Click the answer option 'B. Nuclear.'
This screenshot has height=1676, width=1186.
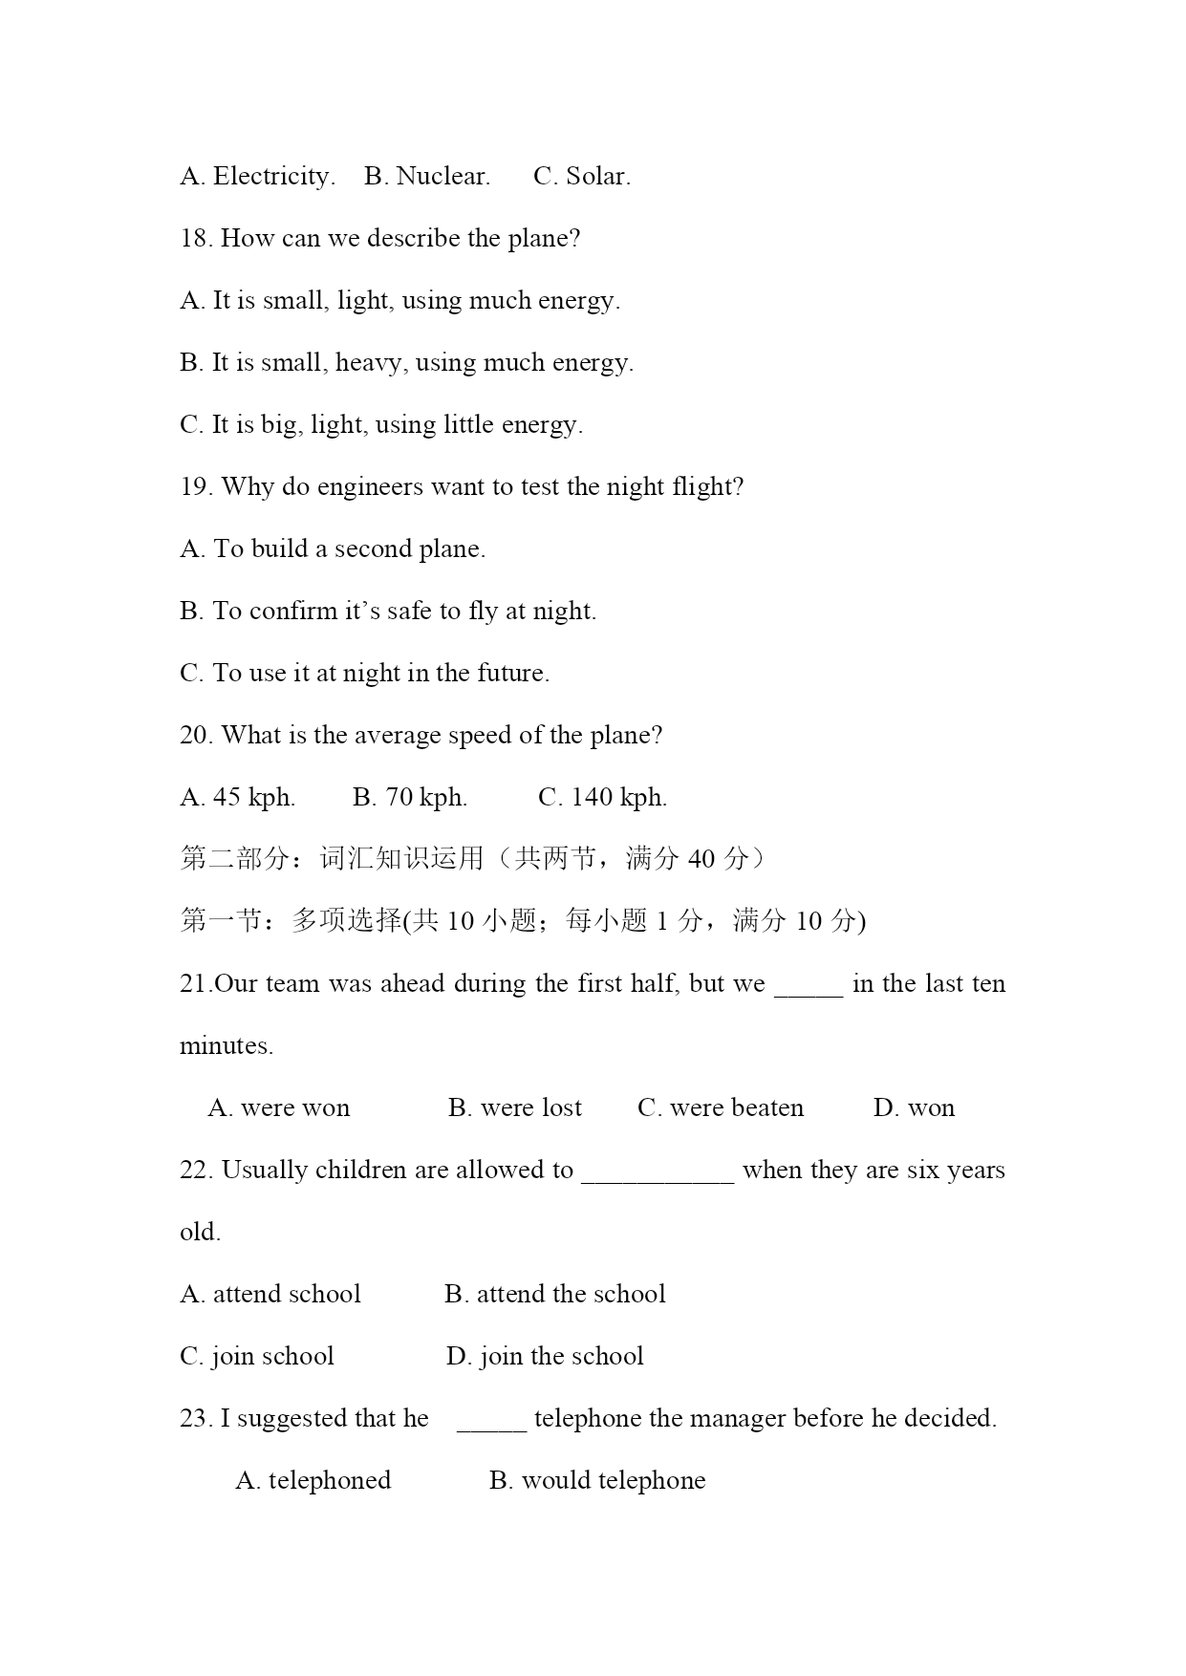click(x=427, y=177)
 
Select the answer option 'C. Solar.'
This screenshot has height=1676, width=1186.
click(x=582, y=177)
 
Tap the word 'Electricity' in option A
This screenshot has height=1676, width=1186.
click(x=270, y=177)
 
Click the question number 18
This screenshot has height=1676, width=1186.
click(x=194, y=239)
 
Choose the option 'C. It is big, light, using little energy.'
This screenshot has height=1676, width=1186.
click(x=381, y=425)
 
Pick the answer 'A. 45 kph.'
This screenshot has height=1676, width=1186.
click(x=237, y=798)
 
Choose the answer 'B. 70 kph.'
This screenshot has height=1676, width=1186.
click(x=410, y=798)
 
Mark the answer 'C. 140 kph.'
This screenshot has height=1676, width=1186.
click(x=603, y=798)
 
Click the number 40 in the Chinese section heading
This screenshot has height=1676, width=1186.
click(x=701, y=859)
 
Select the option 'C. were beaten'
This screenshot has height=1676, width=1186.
click(x=721, y=1108)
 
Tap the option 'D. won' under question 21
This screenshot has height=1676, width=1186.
click(x=914, y=1108)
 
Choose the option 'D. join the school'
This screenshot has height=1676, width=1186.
click(x=545, y=1357)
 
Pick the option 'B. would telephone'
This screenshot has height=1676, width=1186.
click(x=597, y=1481)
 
